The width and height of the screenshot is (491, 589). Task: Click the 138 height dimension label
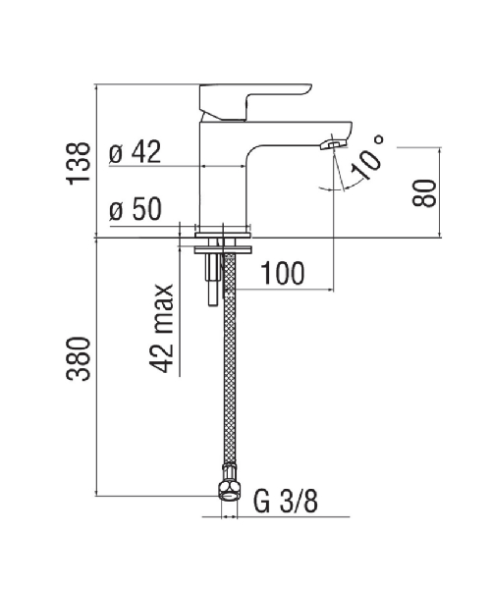tap(79, 163)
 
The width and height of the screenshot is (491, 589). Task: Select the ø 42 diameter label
tap(136, 152)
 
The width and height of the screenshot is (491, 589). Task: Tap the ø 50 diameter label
tap(136, 209)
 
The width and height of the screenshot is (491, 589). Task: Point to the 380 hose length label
tap(79, 358)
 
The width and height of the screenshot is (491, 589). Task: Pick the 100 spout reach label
tap(283, 273)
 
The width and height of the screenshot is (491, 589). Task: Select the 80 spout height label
tap(424, 193)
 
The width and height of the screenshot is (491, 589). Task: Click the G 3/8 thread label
tap(286, 501)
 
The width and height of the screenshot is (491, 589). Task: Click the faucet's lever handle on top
tap(255, 101)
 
